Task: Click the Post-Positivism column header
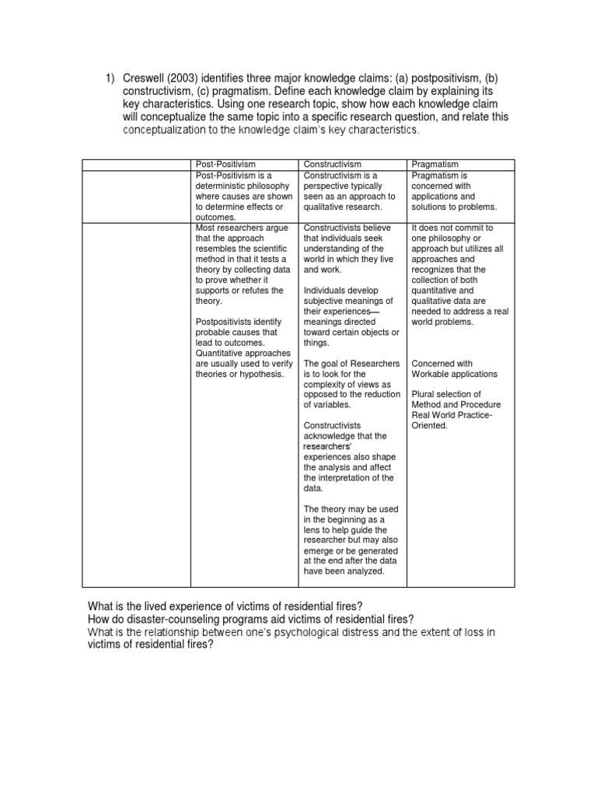click(225, 165)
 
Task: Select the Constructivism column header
click(332, 165)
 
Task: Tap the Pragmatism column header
click(435, 165)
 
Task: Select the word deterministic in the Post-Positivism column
click(221, 187)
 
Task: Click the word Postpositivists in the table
click(228, 322)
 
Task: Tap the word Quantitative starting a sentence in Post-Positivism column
click(222, 353)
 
